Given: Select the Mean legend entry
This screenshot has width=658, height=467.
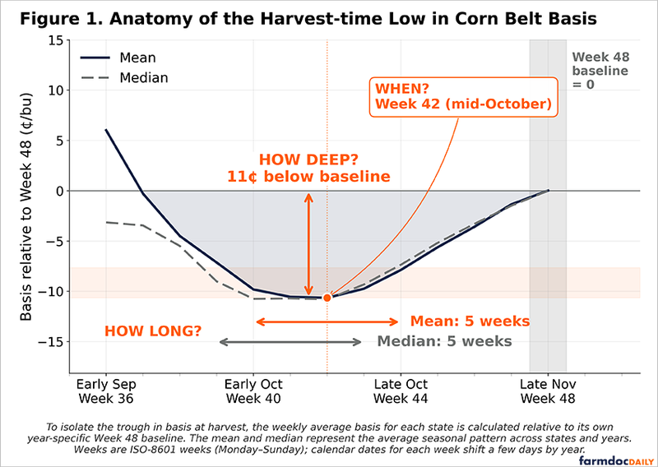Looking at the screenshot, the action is point(118,58).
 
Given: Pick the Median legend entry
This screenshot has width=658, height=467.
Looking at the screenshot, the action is point(124,77).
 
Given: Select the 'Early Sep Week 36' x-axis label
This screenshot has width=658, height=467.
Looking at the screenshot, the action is point(106,391).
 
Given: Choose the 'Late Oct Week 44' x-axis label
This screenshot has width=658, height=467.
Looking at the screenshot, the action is point(401,391).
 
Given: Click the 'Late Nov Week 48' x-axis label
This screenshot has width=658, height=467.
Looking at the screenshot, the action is point(548,391).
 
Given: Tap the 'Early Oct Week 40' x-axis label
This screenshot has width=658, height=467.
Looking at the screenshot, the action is point(253,391).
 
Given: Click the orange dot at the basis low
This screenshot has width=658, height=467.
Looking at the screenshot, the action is point(327,298).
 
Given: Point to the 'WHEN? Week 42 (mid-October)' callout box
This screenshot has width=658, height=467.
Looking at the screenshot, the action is point(463,96).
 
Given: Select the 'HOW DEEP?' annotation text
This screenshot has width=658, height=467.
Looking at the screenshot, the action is point(309,160).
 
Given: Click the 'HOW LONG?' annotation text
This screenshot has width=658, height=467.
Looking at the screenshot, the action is point(153,331).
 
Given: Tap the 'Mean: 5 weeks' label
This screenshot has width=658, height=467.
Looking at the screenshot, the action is point(470,321).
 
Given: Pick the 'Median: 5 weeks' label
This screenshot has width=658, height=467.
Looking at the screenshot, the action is point(445,341).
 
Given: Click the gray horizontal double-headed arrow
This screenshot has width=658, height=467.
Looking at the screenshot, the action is point(290,342).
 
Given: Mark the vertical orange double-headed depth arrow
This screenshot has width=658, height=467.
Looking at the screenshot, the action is point(309,244).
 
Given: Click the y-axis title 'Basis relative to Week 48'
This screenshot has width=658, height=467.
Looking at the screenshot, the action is point(26,206).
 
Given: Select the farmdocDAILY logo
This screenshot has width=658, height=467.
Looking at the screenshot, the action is point(616,460).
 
